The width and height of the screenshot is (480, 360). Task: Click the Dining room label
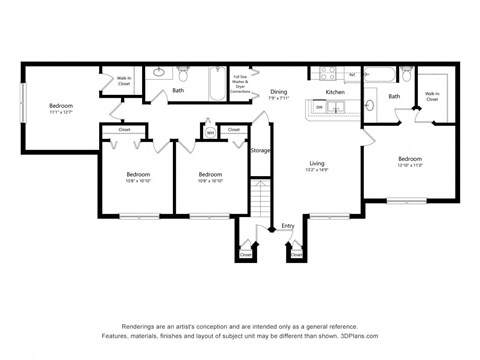click(278, 91)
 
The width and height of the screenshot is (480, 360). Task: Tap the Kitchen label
click(335, 91)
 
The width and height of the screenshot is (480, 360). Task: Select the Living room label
click(316, 162)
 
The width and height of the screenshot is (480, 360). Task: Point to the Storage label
click(260, 150)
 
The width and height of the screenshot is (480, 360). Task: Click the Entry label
click(288, 226)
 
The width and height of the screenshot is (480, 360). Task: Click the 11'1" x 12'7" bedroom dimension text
click(60, 112)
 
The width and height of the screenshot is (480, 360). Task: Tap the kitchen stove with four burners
click(327, 74)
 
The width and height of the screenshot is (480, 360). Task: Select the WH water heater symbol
click(210, 131)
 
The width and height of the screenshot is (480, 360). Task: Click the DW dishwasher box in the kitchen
click(320, 106)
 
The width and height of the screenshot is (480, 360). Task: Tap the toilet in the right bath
click(405, 74)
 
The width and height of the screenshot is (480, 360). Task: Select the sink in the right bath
click(370, 104)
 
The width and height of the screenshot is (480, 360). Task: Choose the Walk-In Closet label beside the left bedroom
click(124, 83)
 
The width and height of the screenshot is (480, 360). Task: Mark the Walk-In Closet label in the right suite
click(431, 97)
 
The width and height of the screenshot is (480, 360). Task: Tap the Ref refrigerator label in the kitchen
click(352, 75)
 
